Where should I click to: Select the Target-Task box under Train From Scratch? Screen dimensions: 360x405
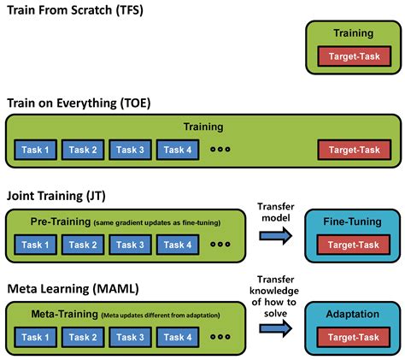pyautogui.click(x=354, y=57)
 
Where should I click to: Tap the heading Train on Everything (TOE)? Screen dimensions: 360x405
pyautogui.click(x=79, y=103)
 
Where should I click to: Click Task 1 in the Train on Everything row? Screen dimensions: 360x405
pyautogui.click(x=36, y=150)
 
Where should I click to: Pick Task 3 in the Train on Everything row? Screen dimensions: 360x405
pyautogui.click(x=130, y=150)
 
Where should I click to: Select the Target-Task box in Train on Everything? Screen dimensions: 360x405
pyautogui.click(x=354, y=150)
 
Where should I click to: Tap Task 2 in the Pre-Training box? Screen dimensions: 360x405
pyautogui.click(x=83, y=245)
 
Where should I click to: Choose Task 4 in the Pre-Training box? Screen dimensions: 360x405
pyautogui.click(x=177, y=245)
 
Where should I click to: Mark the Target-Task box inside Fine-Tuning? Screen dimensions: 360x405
pyautogui.click(x=354, y=245)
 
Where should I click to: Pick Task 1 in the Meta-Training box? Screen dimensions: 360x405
pyautogui.click(x=36, y=338)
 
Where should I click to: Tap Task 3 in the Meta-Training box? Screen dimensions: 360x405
pyautogui.click(x=130, y=338)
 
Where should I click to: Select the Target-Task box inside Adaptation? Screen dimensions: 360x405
pyautogui.click(x=354, y=338)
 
